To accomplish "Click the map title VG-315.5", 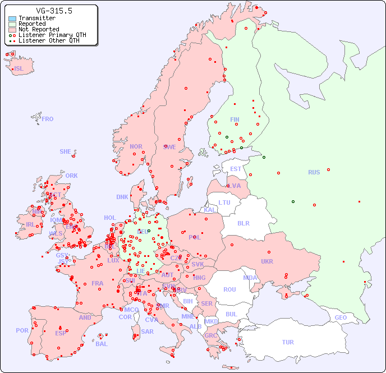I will [x=54, y=11].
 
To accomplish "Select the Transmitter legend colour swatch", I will [x=12, y=19].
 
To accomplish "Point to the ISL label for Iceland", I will [x=19, y=69].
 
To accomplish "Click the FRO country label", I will [x=48, y=119].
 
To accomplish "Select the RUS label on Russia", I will [x=314, y=172].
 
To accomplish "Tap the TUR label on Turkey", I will [x=288, y=342].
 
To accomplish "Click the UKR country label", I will [x=267, y=261].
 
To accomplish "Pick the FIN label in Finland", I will [x=235, y=119].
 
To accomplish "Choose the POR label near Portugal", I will [x=22, y=330].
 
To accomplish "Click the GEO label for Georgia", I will [x=341, y=317].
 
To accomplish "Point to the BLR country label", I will [x=243, y=223].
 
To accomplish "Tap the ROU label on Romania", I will [x=229, y=289].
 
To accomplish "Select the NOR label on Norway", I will [x=136, y=146].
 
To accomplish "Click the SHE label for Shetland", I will [x=66, y=151].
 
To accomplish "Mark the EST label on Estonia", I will [x=236, y=169].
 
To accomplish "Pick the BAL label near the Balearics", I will [x=102, y=344].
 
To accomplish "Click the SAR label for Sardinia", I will [x=147, y=331].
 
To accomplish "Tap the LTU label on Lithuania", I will [x=224, y=202].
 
